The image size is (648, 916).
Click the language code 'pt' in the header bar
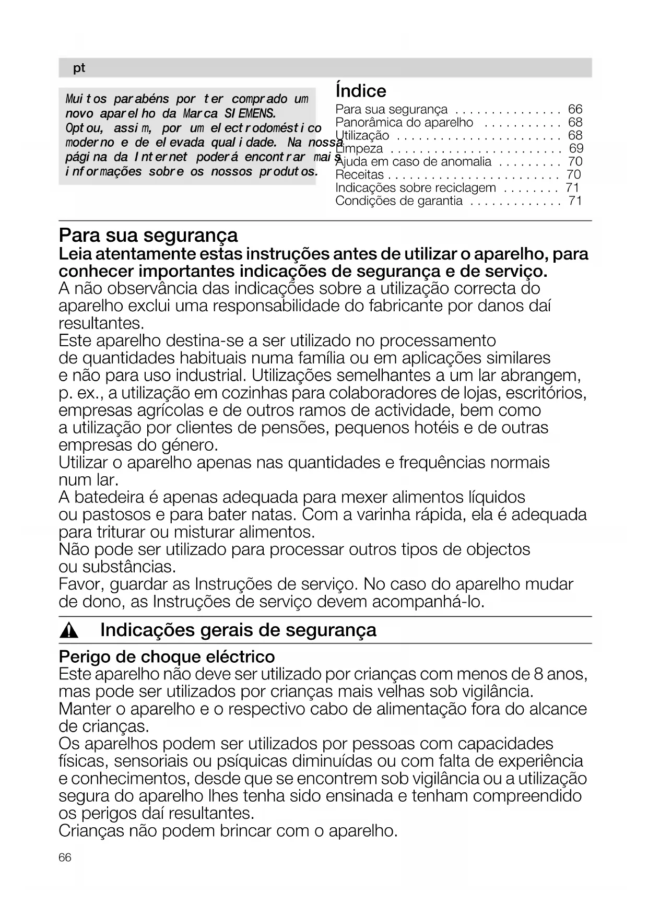pyautogui.click(x=79, y=68)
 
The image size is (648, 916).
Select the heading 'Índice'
pyautogui.click(x=361, y=91)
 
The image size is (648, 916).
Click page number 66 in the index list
pyautogui.click(x=575, y=109)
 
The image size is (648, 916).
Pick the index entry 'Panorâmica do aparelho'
pyautogui.click(x=404, y=123)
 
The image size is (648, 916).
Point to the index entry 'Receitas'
pyautogui.click(x=360, y=175)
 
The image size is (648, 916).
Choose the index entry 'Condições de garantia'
pyautogui.click(x=399, y=201)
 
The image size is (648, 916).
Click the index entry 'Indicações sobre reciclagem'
pyautogui.click(x=416, y=188)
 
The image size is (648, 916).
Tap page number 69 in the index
pyautogui.click(x=576, y=148)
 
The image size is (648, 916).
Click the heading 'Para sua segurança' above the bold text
pyautogui.click(x=148, y=235)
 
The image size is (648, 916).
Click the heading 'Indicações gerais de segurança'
pyautogui.click(x=238, y=630)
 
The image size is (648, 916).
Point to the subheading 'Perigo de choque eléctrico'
pyautogui.click(x=167, y=656)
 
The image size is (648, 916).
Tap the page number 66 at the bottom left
pyautogui.click(x=65, y=858)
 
